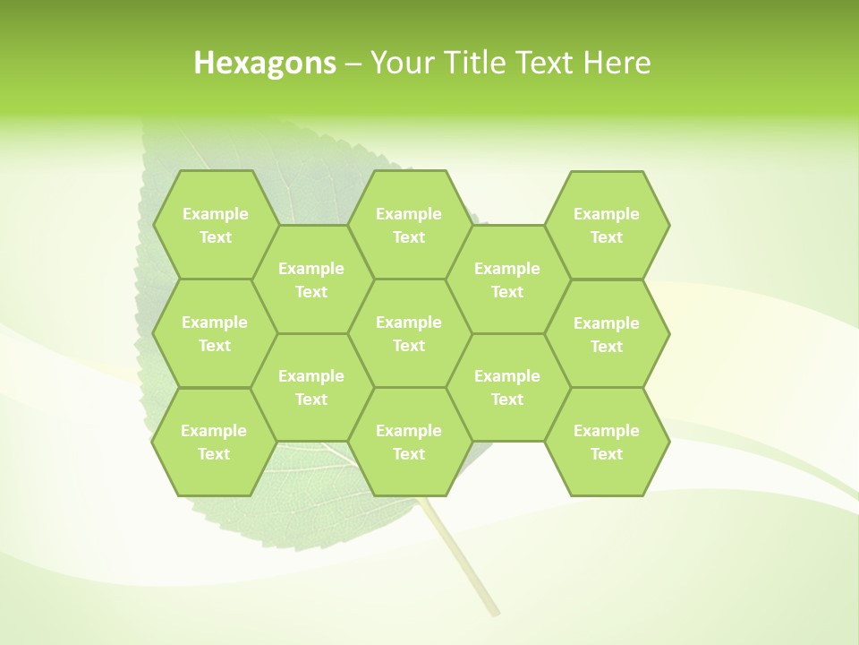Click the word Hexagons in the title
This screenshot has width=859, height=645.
click(265, 63)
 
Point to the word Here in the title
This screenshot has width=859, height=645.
click(617, 63)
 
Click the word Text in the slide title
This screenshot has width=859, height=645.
click(543, 63)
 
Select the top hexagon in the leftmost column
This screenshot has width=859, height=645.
click(215, 225)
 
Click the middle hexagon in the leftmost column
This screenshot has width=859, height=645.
click(215, 333)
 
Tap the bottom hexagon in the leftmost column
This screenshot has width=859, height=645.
click(215, 442)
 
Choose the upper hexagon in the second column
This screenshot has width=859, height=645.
click(311, 279)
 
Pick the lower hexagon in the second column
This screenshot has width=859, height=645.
click(311, 387)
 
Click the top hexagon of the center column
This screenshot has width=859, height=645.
click(409, 225)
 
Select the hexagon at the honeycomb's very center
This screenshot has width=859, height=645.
click(409, 333)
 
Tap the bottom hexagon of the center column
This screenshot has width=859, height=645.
click(409, 442)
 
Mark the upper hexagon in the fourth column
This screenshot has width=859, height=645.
click(507, 279)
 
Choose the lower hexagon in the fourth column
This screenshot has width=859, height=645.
click(507, 387)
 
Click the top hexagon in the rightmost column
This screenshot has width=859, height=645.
click(607, 225)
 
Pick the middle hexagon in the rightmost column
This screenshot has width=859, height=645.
click(607, 334)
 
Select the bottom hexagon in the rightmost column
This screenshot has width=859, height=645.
click(607, 442)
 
